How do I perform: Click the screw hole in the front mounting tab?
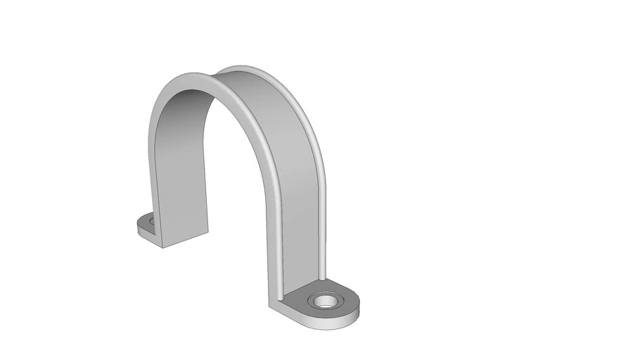click(326, 302)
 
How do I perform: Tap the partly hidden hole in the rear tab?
click(151, 221)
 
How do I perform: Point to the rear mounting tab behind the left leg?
click(145, 224)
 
